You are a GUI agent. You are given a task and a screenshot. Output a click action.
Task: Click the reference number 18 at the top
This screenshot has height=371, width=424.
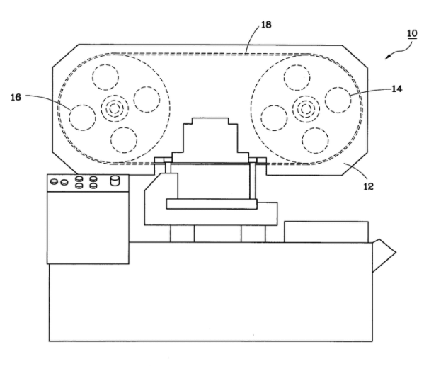[x=266, y=25]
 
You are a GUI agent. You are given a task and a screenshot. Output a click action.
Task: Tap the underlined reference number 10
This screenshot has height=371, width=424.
[x=412, y=33]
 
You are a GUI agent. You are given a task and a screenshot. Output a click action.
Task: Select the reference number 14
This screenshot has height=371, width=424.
[x=396, y=89]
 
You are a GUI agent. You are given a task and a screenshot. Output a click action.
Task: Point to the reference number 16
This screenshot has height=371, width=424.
[x=16, y=97]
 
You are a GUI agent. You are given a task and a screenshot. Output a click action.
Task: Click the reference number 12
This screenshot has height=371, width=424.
[x=368, y=186]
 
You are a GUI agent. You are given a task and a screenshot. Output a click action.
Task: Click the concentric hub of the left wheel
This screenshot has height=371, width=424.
[x=115, y=108]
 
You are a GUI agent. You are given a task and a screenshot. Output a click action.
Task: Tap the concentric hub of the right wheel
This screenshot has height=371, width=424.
[x=306, y=109]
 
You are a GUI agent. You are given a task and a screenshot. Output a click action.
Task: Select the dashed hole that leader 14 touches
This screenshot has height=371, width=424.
[x=338, y=100]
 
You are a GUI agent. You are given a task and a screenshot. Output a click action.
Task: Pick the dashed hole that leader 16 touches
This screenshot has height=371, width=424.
[x=83, y=118]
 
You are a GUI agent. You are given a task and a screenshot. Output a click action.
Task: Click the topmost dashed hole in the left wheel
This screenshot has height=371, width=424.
[x=105, y=77]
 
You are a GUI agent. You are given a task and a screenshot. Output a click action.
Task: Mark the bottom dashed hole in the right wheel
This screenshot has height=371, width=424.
[x=315, y=141]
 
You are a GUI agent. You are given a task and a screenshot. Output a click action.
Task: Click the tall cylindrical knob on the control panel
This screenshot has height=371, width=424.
[x=115, y=181]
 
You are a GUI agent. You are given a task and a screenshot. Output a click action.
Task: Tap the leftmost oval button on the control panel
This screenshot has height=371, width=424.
[x=55, y=181]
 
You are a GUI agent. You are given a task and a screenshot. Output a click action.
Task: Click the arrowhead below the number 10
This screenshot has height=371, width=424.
[x=388, y=56]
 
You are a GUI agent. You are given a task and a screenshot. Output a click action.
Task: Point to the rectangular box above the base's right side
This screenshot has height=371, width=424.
[x=326, y=232]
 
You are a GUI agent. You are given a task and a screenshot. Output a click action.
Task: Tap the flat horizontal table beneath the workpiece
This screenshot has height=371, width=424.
[x=212, y=204]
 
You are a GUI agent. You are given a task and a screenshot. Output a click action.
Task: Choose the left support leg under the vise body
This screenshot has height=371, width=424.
[x=182, y=234]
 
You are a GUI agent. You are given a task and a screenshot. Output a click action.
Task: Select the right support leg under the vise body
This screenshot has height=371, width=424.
[x=253, y=234]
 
